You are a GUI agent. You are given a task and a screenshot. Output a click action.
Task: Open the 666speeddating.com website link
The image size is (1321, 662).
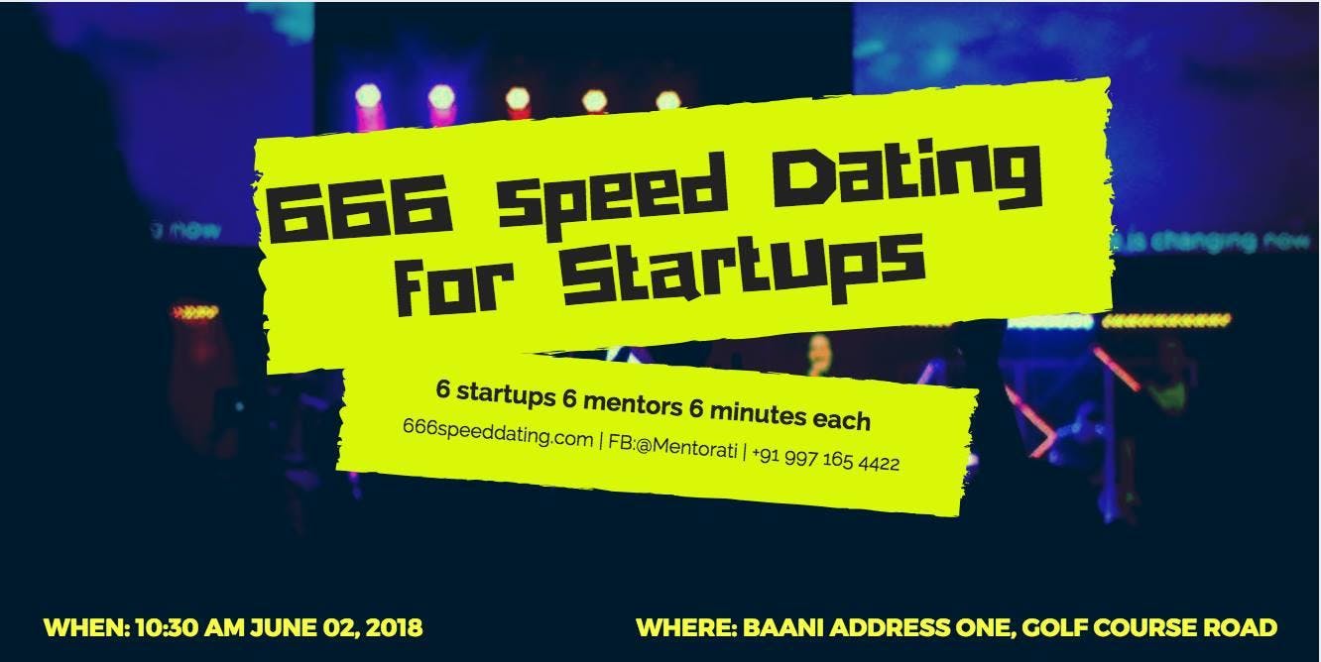coord(498,433)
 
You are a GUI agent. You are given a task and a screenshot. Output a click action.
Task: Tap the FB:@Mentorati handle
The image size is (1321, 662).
coord(672,446)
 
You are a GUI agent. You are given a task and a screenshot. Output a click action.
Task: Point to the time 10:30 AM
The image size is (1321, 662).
coord(189,627)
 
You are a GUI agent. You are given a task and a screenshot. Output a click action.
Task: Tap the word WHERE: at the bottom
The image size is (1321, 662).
coord(686,627)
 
